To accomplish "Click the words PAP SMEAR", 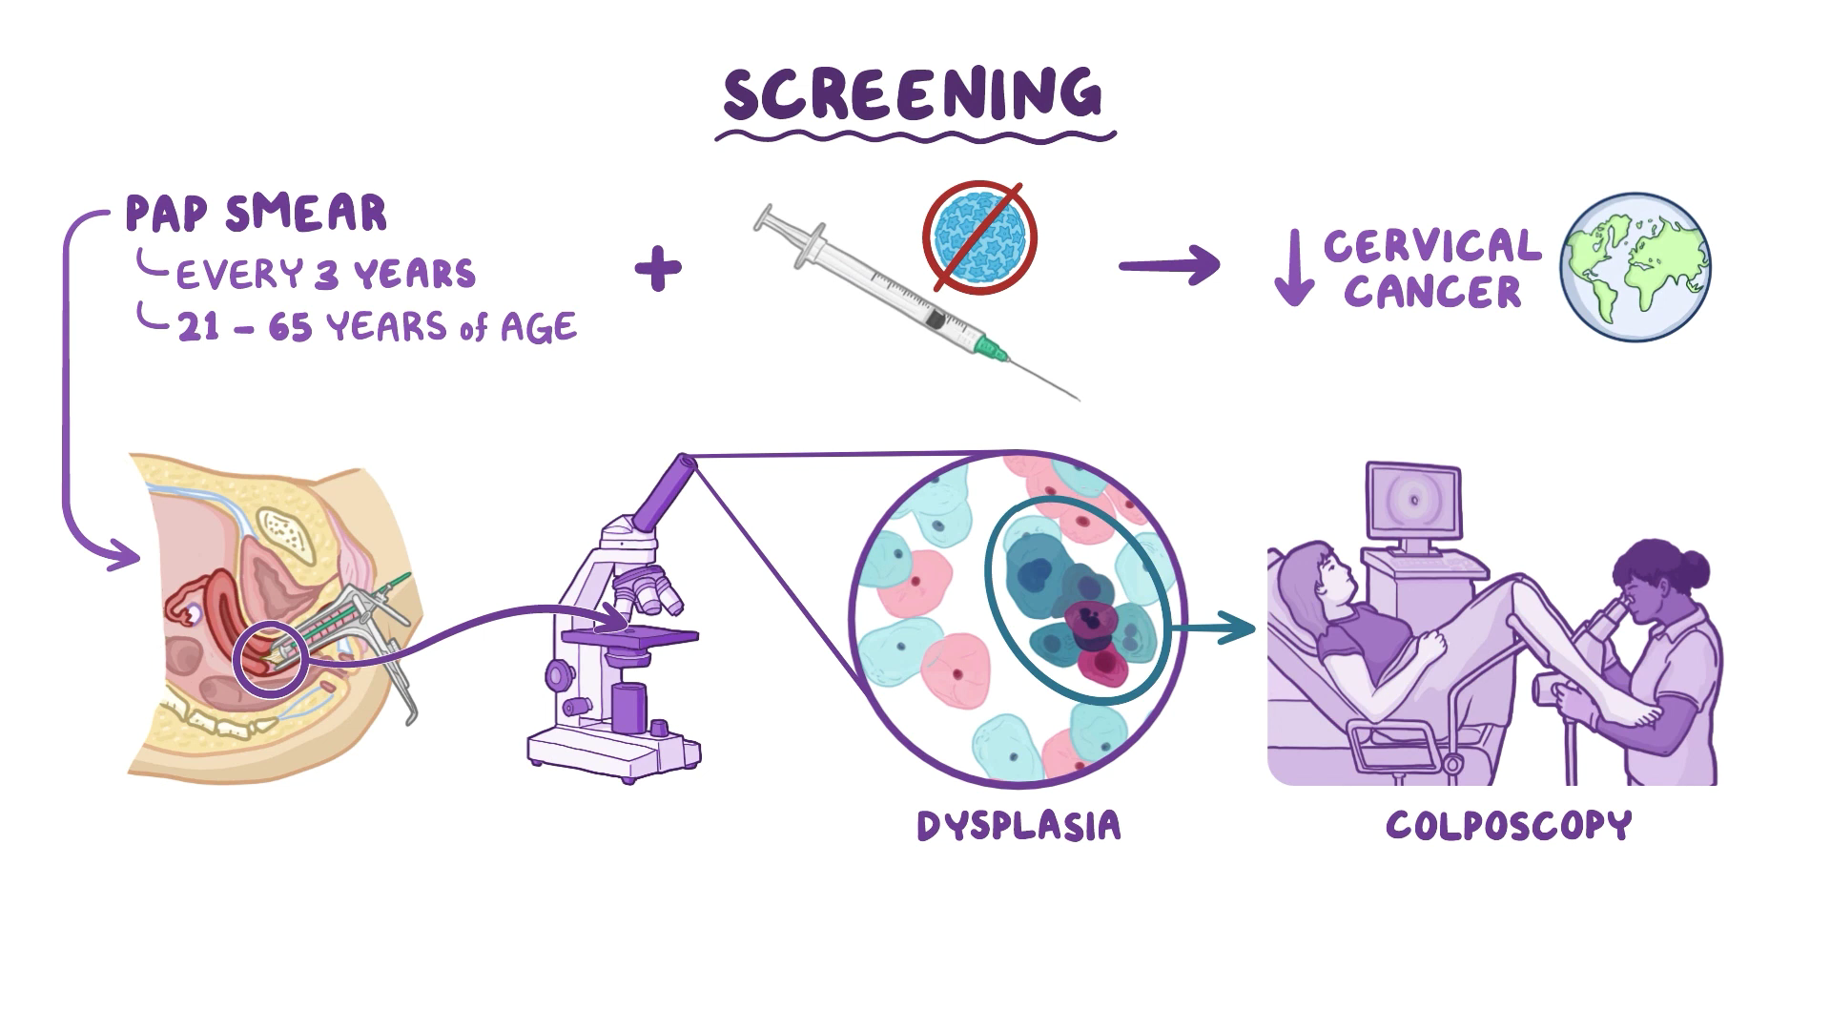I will pyautogui.click(x=257, y=214).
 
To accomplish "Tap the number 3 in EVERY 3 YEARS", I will pyautogui.click(x=326, y=275).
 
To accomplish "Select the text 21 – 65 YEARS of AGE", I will pyautogui.click(x=377, y=328).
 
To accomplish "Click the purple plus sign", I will pyautogui.click(x=658, y=269).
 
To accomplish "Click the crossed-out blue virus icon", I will pyautogui.click(x=979, y=237).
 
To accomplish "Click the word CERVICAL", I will pyautogui.click(x=1431, y=246).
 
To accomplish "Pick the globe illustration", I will pyautogui.click(x=1636, y=267).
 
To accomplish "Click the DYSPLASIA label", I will pyautogui.click(x=1018, y=826).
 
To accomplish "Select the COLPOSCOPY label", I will pyautogui.click(x=1509, y=826).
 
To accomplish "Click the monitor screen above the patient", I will pyautogui.click(x=1413, y=502).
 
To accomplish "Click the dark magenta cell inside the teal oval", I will pyautogui.click(x=1090, y=619).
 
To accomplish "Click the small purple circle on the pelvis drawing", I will pyautogui.click(x=271, y=659).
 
